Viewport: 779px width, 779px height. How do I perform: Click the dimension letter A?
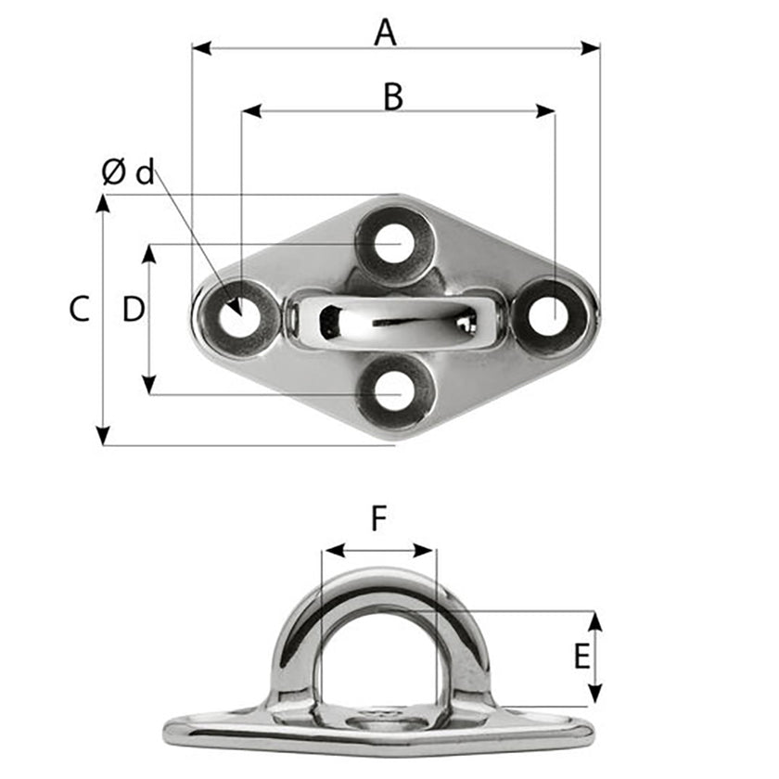385,33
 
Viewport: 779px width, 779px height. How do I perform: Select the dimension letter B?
393,96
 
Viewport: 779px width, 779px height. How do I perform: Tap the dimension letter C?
80,309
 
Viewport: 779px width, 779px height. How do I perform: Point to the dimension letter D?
134,309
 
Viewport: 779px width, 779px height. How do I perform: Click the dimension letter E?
581,658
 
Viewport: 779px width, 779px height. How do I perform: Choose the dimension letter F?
378,519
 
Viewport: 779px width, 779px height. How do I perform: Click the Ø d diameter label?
128,172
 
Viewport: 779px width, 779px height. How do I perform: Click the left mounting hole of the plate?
236,318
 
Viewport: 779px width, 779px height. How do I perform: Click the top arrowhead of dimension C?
103,203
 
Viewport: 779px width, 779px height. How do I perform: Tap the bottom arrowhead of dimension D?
148,386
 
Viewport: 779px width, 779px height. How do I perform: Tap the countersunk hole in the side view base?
380,715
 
